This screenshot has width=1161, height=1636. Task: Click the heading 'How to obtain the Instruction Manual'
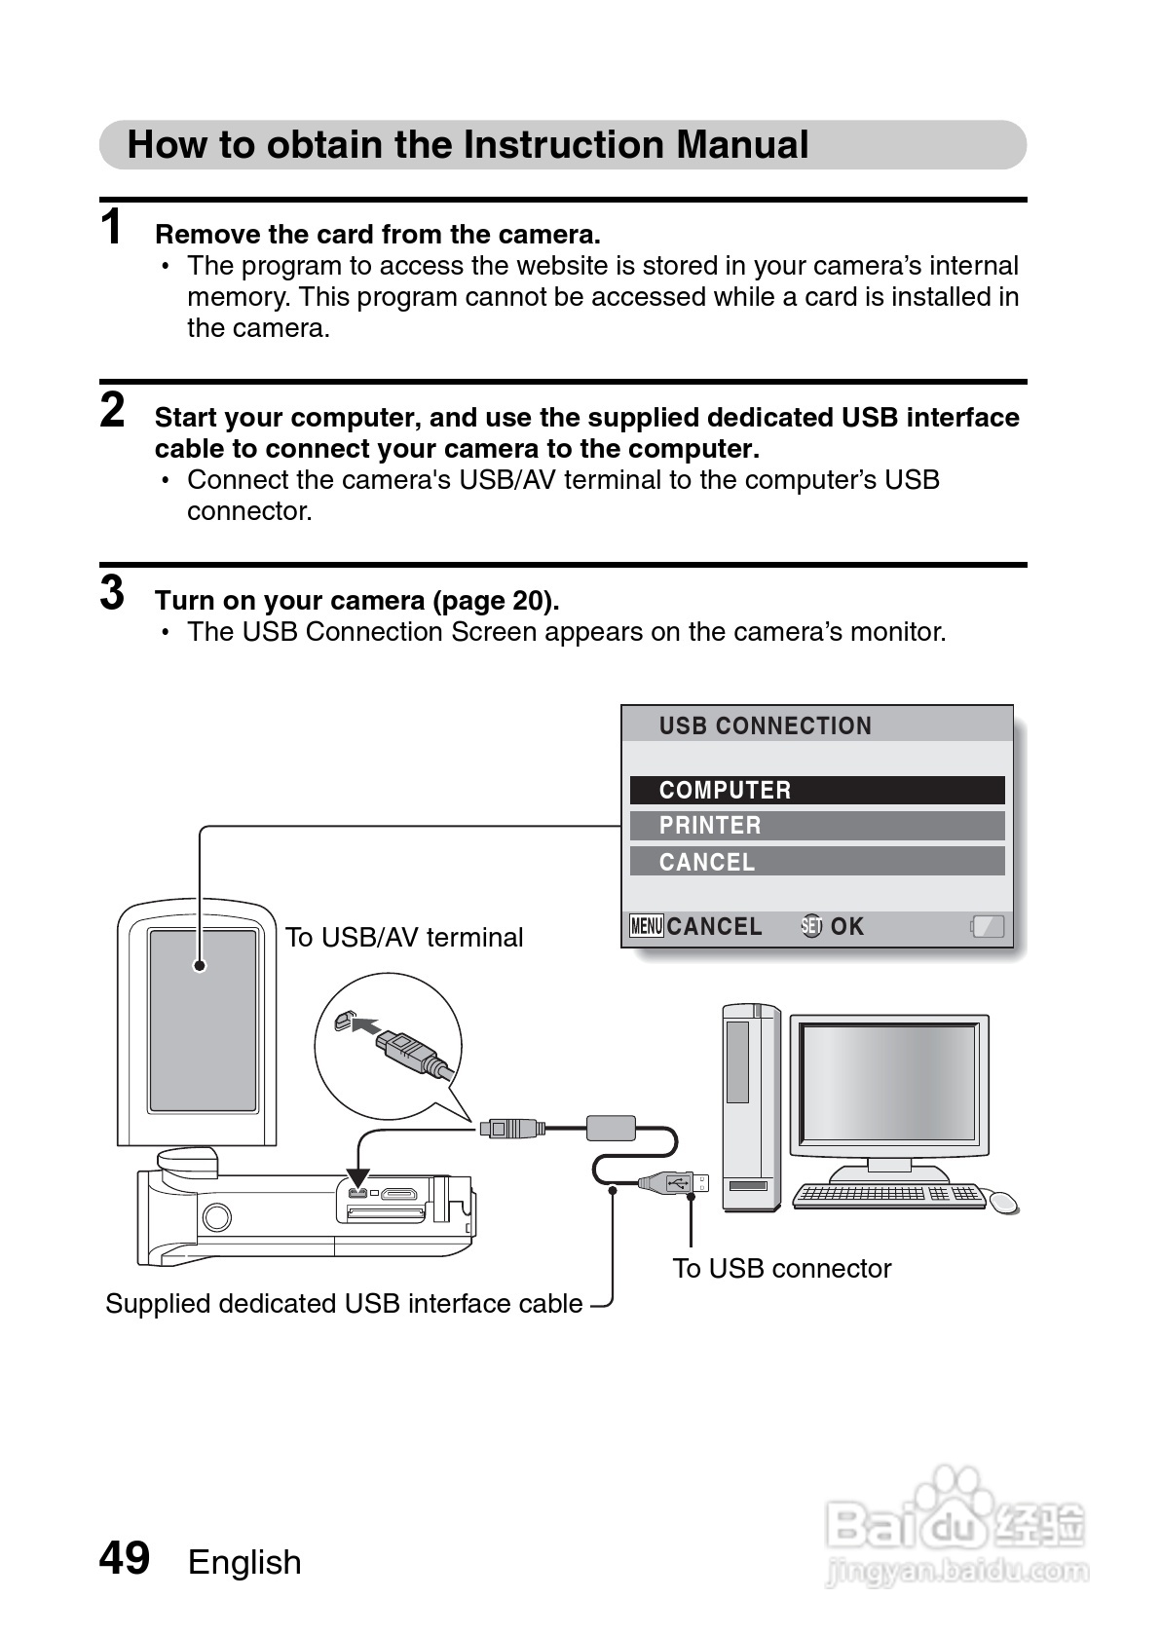(468, 145)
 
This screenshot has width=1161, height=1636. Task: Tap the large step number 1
(113, 227)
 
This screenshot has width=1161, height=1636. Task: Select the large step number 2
(113, 410)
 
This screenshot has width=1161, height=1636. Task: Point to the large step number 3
(113, 592)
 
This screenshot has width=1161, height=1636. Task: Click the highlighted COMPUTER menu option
(816, 790)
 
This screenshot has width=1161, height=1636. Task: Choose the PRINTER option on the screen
(816, 826)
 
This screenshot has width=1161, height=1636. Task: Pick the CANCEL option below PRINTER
(816, 862)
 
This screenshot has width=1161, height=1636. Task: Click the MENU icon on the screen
(647, 926)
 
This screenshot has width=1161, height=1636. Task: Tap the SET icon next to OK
(811, 926)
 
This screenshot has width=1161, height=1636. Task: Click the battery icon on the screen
(987, 926)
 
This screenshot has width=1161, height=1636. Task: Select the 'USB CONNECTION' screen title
(765, 725)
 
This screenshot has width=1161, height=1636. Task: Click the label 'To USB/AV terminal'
(404, 937)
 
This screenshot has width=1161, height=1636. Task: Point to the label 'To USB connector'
(781, 1268)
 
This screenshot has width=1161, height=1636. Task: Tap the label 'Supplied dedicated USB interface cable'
(344, 1303)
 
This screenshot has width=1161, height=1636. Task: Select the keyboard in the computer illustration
(888, 1195)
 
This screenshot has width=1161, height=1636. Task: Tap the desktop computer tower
(750, 1107)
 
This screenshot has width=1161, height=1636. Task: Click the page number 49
(125, 1558)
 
